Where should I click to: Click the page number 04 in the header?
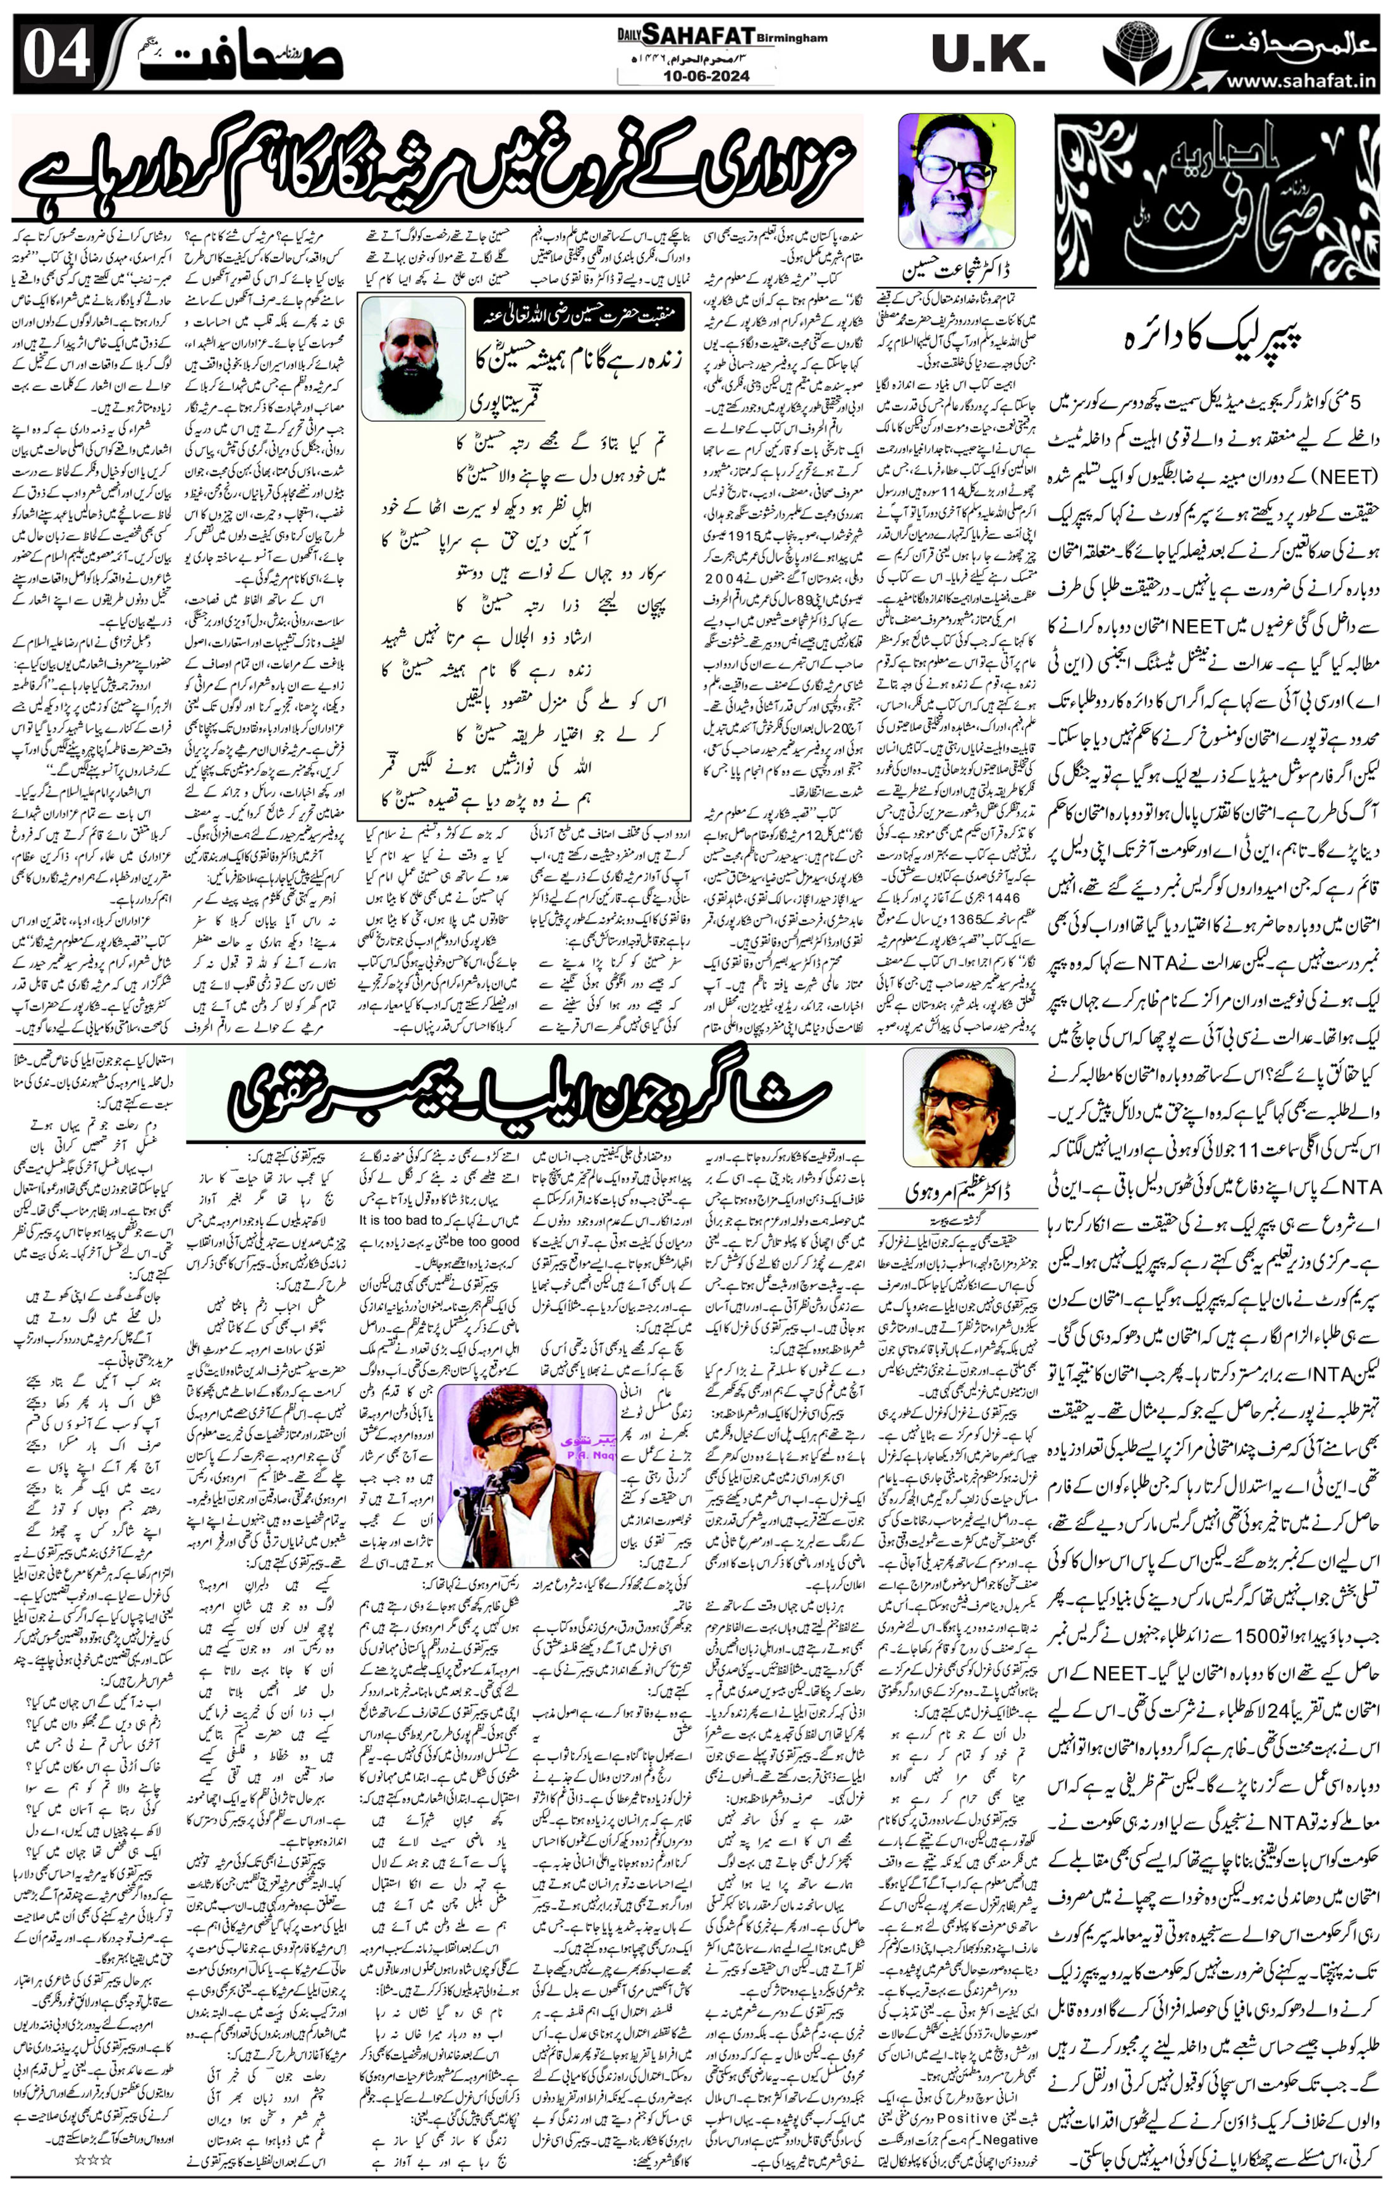[56, 54]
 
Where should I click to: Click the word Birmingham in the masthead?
[792, 39]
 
